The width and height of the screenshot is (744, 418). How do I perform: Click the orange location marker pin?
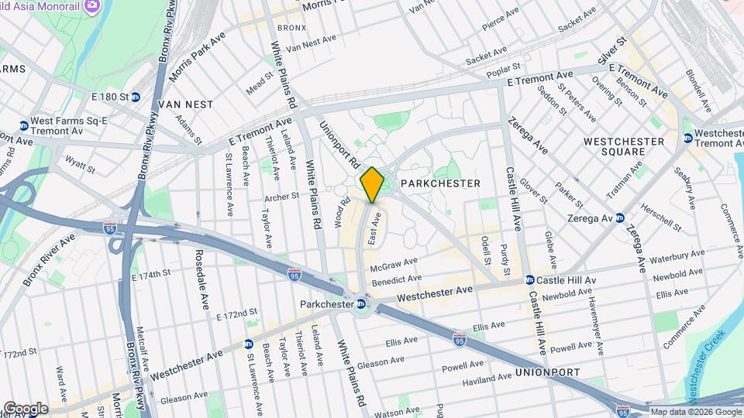coord(372,184)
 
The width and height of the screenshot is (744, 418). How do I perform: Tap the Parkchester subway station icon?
coord(362,304)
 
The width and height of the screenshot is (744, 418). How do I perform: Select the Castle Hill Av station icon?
coord(529,279)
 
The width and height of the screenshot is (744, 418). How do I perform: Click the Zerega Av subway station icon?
coord(619,218)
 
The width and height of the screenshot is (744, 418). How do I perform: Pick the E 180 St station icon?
coord(136,97)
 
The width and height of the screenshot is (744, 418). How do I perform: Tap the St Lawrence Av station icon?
coord(248,344)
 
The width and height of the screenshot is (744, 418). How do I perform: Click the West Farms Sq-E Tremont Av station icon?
coord(23,125)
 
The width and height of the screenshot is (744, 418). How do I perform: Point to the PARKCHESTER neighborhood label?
coord(439,183)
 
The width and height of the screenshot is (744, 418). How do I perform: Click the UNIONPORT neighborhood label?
coord(547,372)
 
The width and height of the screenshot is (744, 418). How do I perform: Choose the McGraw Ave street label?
coord(394,264)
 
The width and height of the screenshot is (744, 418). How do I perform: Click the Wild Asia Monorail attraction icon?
coord(91,7)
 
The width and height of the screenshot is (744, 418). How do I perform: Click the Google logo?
coord(26,408)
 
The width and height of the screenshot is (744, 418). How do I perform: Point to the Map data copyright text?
coord(694,412)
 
